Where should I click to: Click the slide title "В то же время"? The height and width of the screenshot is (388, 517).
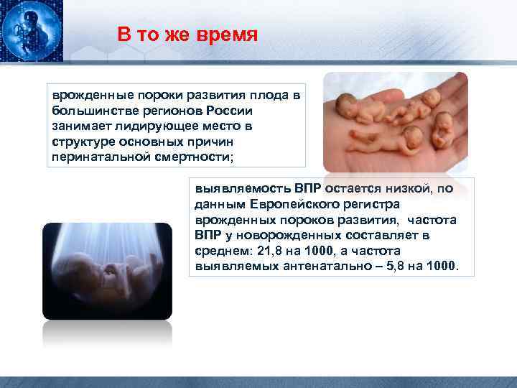click(187, 35)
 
